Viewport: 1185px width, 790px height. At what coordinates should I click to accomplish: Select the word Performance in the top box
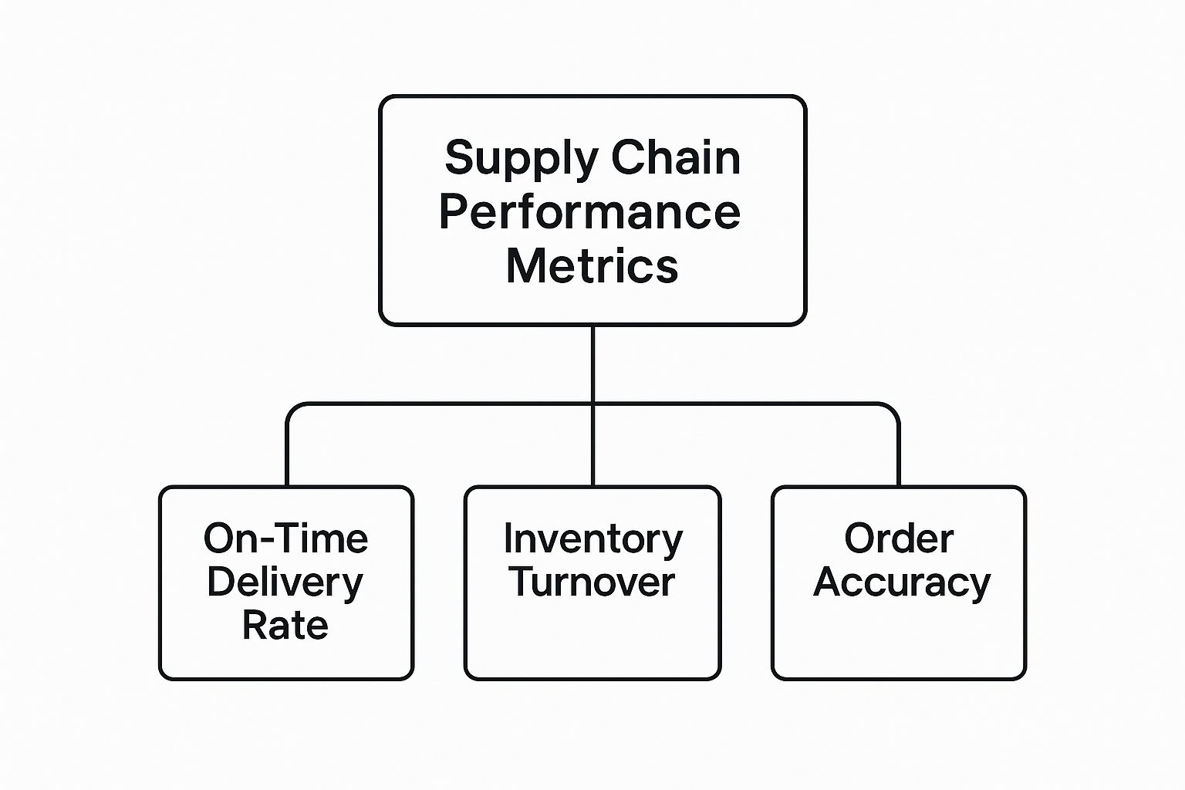click(590, 212)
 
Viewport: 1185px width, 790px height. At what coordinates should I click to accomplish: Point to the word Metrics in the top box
click(592, 266)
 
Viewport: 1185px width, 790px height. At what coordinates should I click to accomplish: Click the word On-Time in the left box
click(285, 538)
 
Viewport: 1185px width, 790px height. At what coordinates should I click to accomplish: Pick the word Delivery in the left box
click(285, 582)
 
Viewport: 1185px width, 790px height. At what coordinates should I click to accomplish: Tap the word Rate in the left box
click(285, 626)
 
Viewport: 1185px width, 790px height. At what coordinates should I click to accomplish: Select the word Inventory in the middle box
click(592, 539)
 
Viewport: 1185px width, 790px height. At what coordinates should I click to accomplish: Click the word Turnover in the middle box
click(592, 582)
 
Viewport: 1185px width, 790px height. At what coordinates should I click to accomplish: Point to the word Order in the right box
click(899, 538)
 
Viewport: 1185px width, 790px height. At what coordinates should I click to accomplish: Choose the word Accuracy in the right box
click(901, 582)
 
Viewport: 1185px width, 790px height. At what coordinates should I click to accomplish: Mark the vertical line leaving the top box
click(592, 363)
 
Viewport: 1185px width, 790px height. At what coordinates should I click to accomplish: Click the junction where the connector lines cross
click(592, 403)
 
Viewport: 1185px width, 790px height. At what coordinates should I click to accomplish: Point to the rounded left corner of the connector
click(292, 408)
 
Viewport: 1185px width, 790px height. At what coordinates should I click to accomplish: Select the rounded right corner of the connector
click(894, 408)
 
